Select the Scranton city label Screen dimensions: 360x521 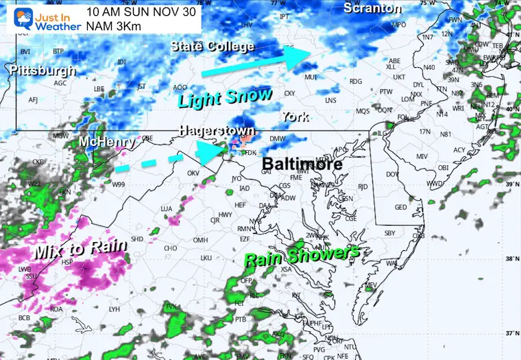tap(372, 8)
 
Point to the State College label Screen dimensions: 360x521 tap(213, 47)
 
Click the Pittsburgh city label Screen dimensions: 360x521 tap(42, 70)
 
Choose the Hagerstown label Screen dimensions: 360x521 tap(217, 130)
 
